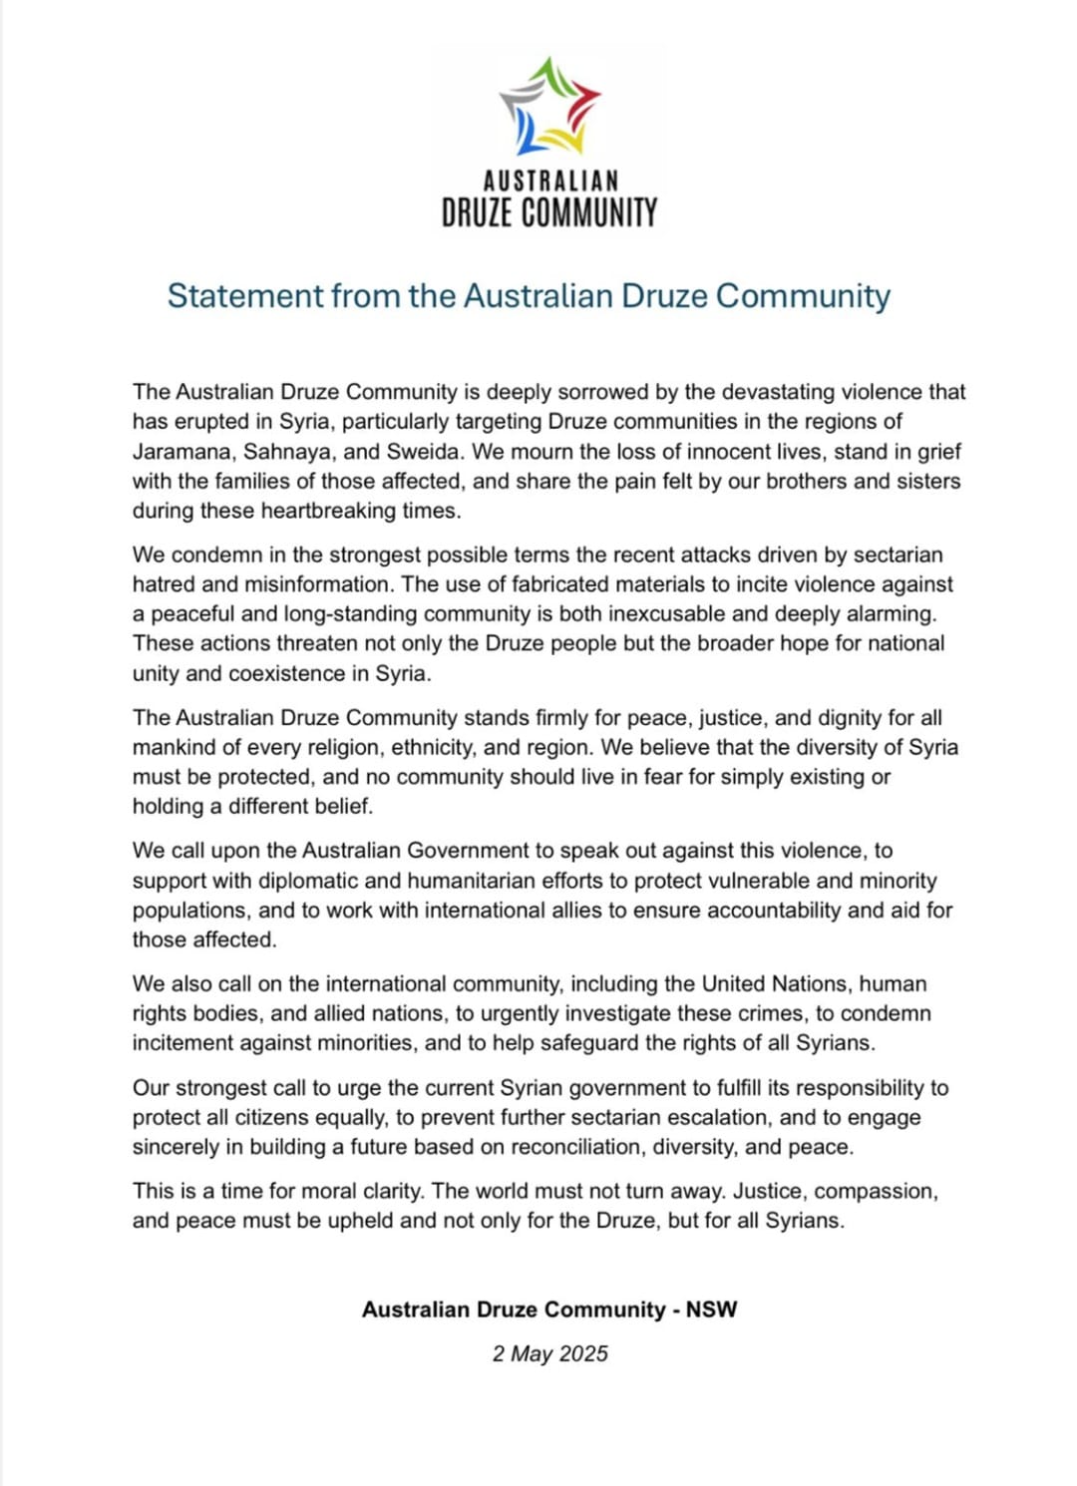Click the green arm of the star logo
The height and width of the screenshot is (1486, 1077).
[x=546, y=75]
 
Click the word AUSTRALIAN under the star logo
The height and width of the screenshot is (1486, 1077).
[x=550, y=181]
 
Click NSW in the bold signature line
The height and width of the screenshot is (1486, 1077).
[x=711, y=1309]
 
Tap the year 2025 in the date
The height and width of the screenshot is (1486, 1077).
[x=583, y=1353]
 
